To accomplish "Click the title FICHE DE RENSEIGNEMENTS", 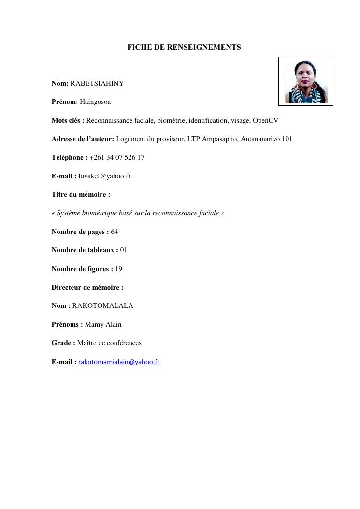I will (x=184, y=47).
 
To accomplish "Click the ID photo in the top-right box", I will (x=306, y=81).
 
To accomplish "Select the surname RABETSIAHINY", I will (x=97, y=83).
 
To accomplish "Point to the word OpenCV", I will (x=265, y=120).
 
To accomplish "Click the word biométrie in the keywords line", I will (x=172, y=120).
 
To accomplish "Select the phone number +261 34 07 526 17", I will (x=117, y=158).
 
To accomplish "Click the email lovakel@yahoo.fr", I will (x=104, y=176).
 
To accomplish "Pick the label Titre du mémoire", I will (x=81, y=194).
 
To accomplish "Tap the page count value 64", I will (x=115, y=232).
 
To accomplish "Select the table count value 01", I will (x=124, y=250).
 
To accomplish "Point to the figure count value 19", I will (x=119, y=269).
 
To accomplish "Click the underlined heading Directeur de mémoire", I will (x=87, y=287).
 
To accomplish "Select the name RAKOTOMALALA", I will (x=102, y=305).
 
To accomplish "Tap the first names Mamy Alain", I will (x=103, y=324).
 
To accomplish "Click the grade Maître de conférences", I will (x=109, y=343).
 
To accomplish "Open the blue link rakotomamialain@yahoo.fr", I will (x=119, y=362).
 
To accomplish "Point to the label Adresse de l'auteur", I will (x=83, y=139).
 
